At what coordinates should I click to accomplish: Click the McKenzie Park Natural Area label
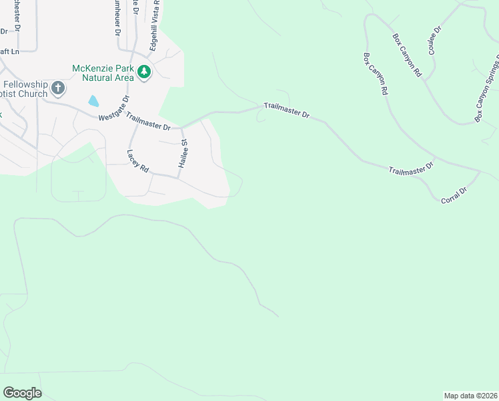click(x=103, y=72)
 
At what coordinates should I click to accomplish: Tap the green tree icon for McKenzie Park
click(x=144, y=71)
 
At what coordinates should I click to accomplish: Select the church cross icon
click(x=58, y=88)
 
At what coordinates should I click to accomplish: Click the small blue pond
click(x=93, y=102)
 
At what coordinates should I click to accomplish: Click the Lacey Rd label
click(x=137, y=161)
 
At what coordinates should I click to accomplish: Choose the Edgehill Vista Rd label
click(x=154, y=21)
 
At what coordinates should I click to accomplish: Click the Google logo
click(x=22, y=393)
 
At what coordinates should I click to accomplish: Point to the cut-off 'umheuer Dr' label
click(x=117, y=16)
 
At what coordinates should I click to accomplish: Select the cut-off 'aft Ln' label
click(x=8, y=51)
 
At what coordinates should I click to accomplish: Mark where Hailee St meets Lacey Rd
click(x=178, y=178)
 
